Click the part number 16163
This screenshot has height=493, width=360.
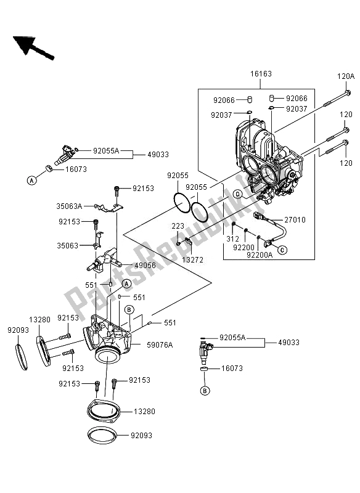(x=261, y=74)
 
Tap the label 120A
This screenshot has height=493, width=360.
(x=346, y=76)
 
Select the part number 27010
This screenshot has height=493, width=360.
(x=295, y=220)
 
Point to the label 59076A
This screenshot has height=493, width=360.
(x=160, y=345)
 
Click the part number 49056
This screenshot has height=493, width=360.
(x=145, y=266)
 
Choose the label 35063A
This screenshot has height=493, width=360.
(x=69, y=206)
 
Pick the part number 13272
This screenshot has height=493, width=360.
(x=193, y=260)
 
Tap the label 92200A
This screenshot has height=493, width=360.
(x=260, y=255)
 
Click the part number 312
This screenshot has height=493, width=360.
(x=232, y=239)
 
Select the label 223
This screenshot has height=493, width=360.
(x=178, y=226)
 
